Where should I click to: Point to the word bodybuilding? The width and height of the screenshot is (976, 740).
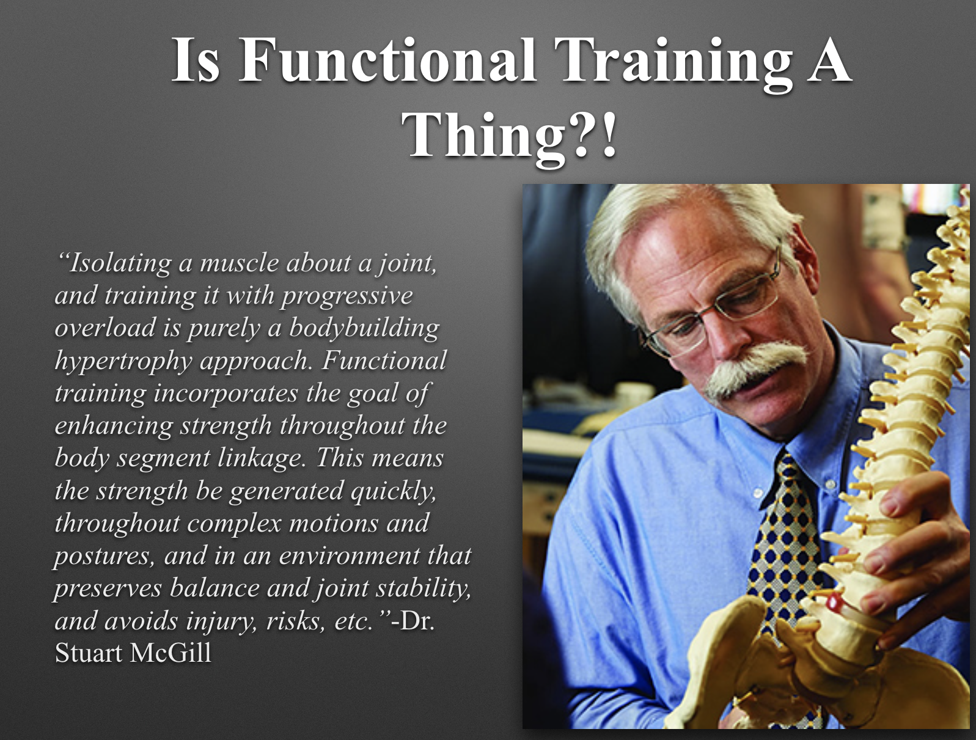pyautogui.click(x=364, y=329)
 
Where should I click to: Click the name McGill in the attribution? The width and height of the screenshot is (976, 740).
pyautogui.click(x=171, y=653)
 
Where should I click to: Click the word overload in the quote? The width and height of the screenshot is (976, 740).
pyautogui.click(x=105, y=328)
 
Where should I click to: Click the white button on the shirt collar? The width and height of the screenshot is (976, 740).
pyautogui.click(x=758, y=493)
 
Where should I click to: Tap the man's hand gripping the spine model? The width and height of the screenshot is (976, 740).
pyautogui.click(x=916, y=560)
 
